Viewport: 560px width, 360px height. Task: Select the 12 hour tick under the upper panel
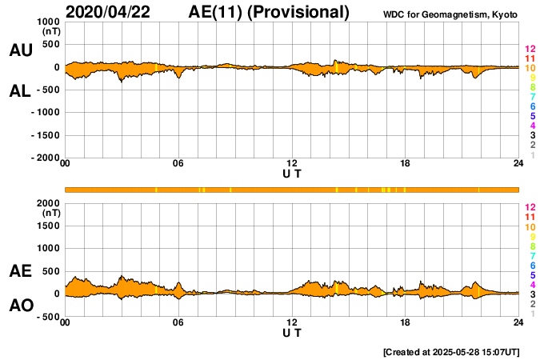(x=292, y=164)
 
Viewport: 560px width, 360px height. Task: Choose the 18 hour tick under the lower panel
(x=406, y=322)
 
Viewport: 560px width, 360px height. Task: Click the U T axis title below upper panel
(x=292, y=174)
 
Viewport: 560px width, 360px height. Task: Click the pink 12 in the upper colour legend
(x=530, y=49)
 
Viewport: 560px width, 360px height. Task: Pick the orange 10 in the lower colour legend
(x=530, y=226)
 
